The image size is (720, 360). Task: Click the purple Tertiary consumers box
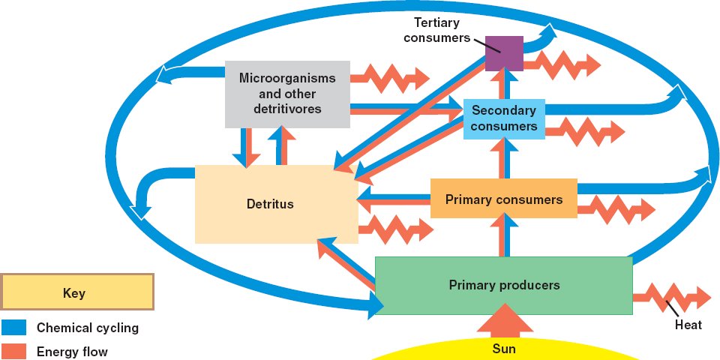pyautogui.click(x=504, y=53)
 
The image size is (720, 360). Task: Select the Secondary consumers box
pyautogui.click(x=504, y=118)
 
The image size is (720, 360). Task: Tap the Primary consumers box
pyautogui.click(x=504, y=199)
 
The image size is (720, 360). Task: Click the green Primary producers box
pyautogui.click(x=504, y=285)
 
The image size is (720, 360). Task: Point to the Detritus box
pyautogui.click(x=275, y=204)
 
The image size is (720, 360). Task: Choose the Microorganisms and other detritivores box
pyautogui.click(x=287, y=94)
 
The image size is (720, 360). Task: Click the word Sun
pyautogui.click(x=504, y=349)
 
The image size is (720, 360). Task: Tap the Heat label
pyautogui.click(x=688, y=325)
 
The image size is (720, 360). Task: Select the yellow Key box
pyautogui.click(x=77, y=292)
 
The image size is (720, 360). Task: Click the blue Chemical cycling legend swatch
pyautogui.click(x=13, y=328)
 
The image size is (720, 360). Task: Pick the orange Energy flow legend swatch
pyautogui.click(x=13, y=350)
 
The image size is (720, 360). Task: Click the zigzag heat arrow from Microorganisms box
pyautogui.click(x=390, y=76)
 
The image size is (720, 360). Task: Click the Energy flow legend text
pyautogui.click(x=73, y=350)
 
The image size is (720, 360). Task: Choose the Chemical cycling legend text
pyautogui.click(x=88, y=328)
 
